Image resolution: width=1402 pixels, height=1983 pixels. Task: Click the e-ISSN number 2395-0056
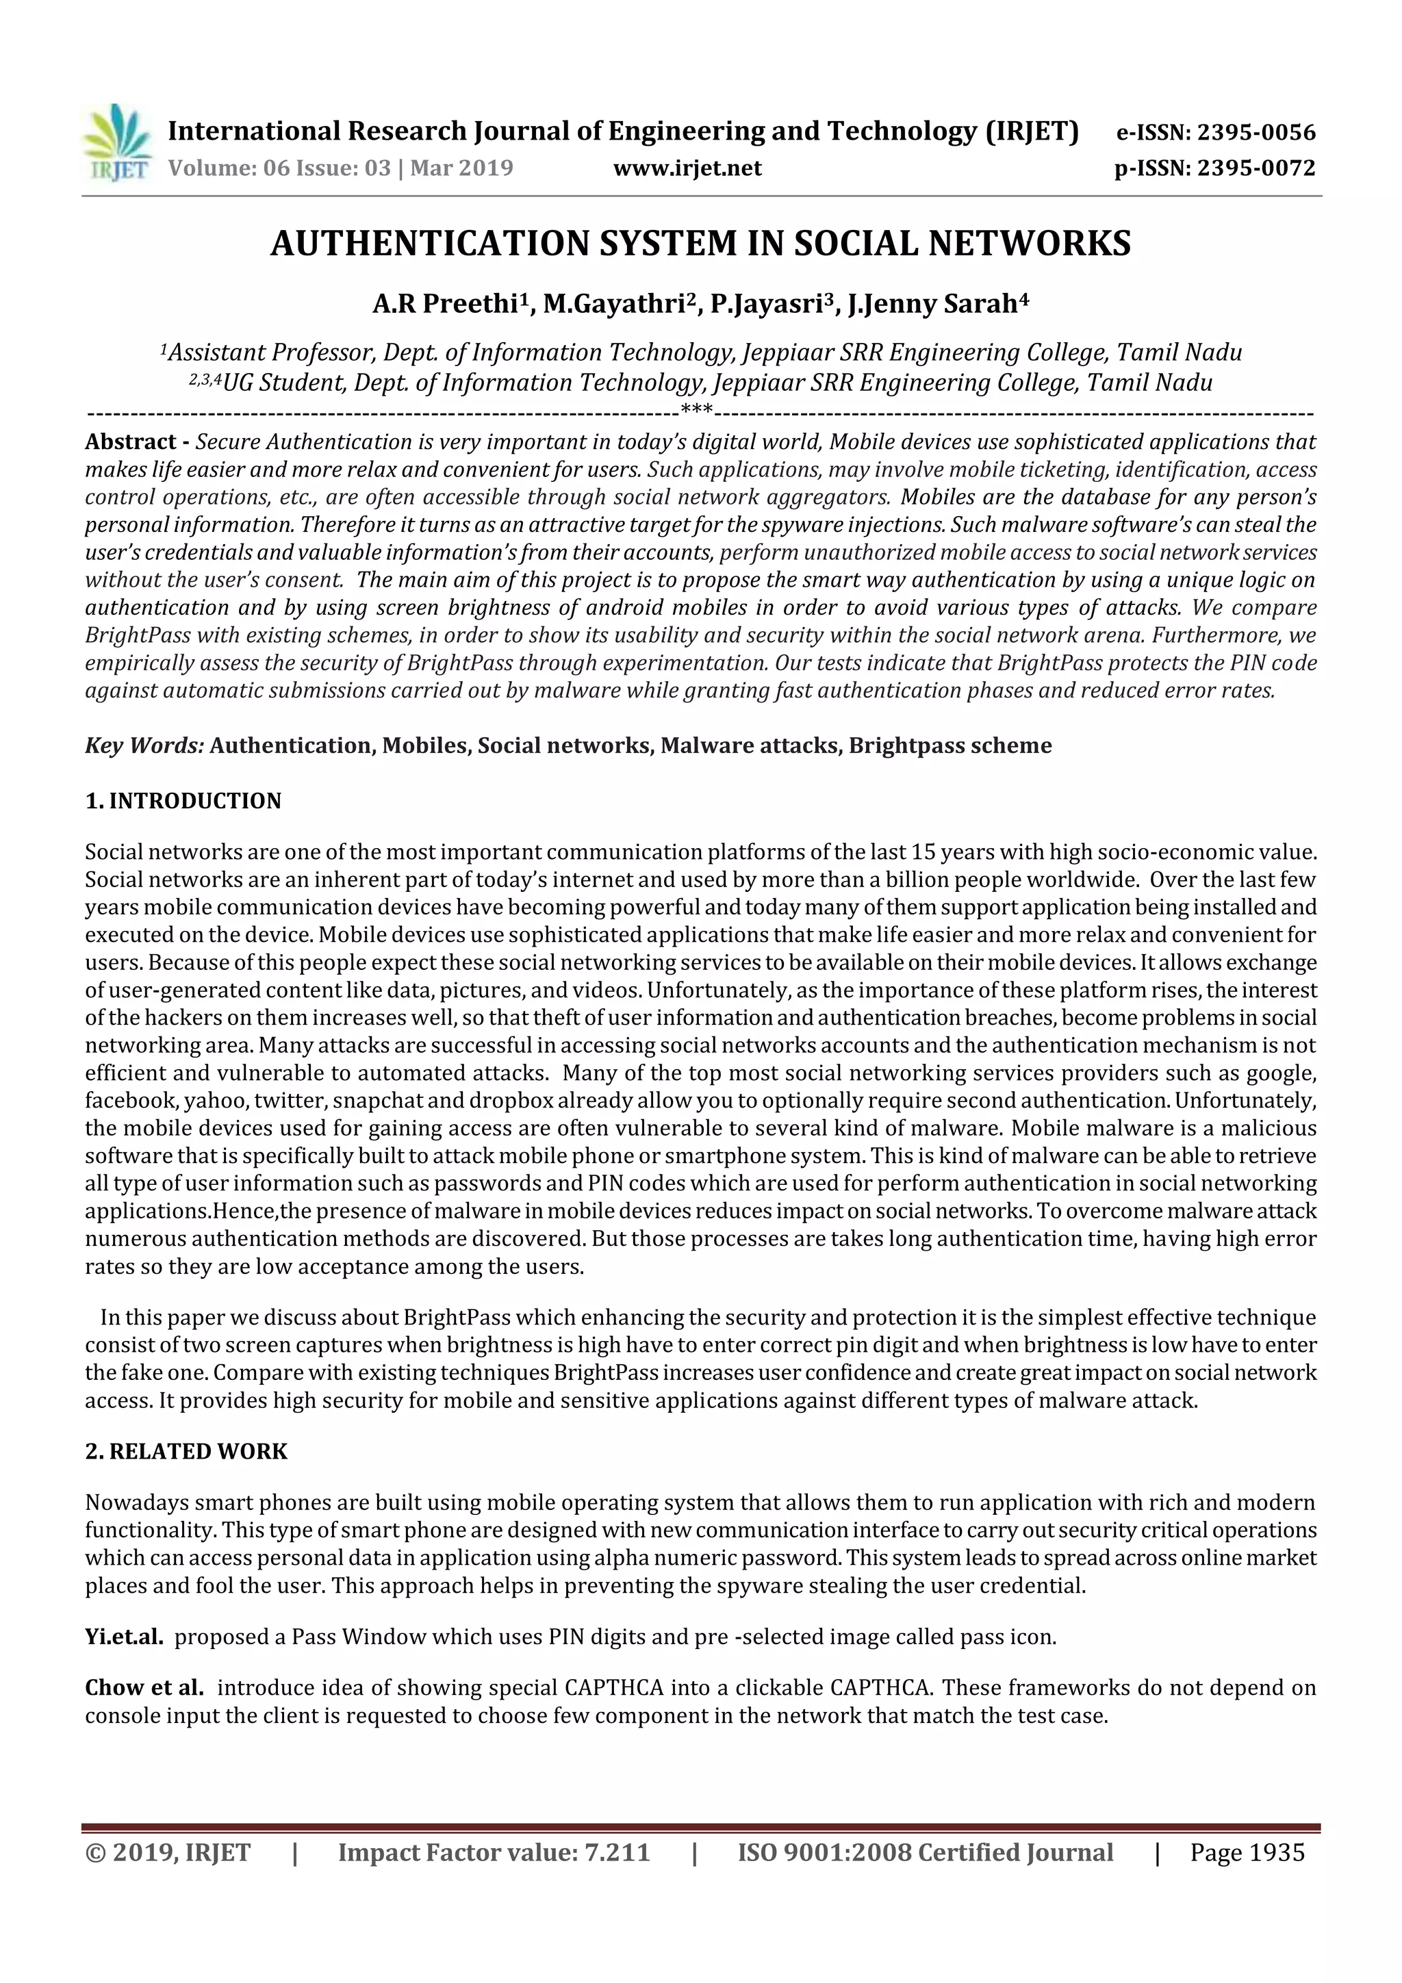[x=1256, y=133]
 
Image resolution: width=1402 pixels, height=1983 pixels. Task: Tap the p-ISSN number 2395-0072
[x=1256, y=168]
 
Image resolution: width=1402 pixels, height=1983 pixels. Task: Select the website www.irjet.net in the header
[x=687, y=168]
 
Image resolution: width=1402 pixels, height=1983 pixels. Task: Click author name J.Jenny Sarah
[x=932, y=305]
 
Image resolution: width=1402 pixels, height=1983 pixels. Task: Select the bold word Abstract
[x=131, y=442]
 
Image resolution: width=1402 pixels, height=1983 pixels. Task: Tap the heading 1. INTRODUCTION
[x=183, y=802]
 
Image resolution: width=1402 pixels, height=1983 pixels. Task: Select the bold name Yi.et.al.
[x=123, y=1637]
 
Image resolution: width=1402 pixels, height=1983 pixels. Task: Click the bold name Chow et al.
[x=144, y=1687]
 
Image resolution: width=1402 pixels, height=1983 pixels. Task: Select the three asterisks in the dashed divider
[x=696, y=410]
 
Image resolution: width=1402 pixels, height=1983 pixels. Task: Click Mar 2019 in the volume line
[x=461, y=168]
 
